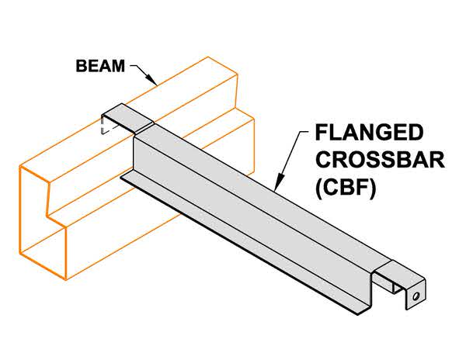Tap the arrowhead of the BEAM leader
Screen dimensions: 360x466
[158, 82]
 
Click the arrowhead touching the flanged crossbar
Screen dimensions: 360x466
[277, 187]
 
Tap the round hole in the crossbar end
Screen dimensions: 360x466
[417, 296]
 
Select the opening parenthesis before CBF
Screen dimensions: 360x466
[319, 188]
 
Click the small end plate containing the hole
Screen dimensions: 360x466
[415, 296]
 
